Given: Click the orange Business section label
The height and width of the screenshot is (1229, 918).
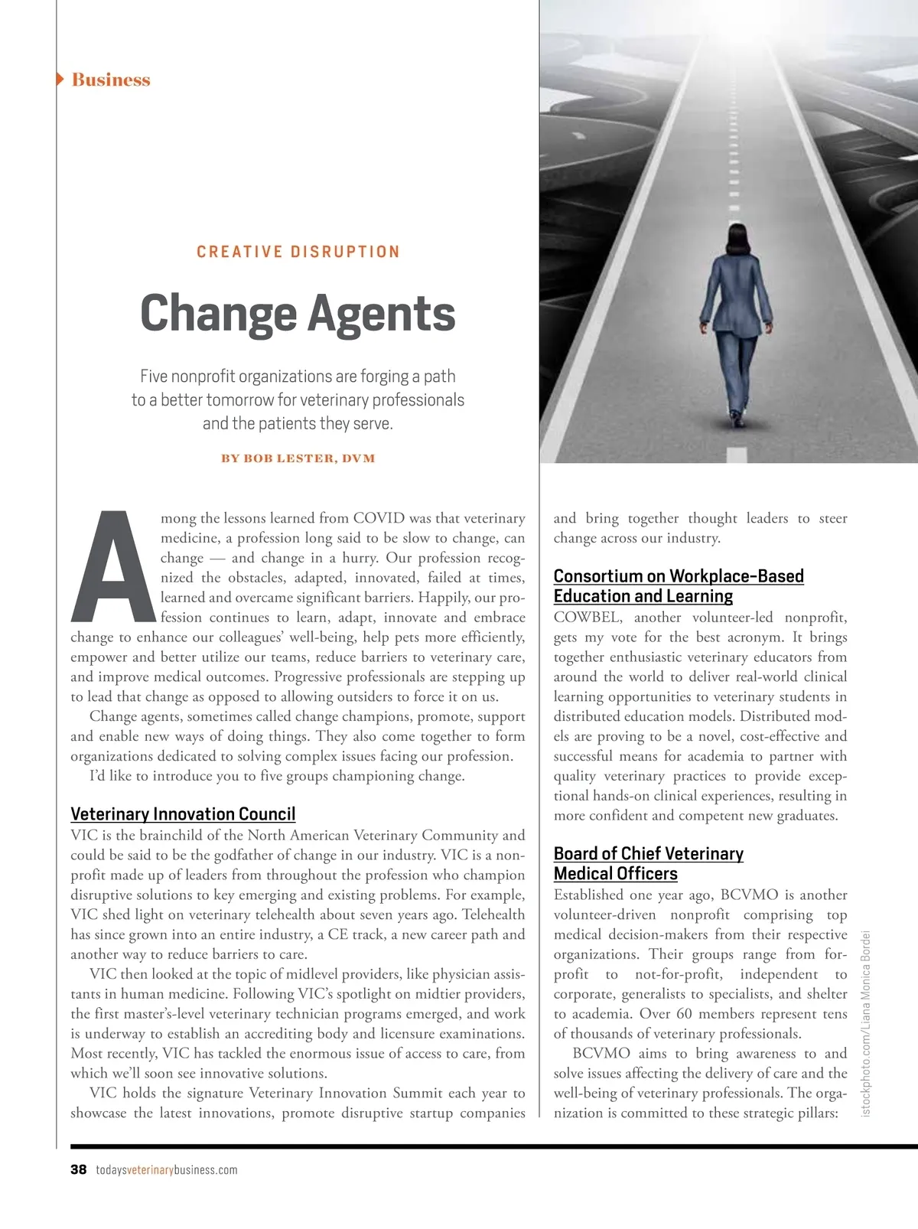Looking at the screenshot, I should [111, 80].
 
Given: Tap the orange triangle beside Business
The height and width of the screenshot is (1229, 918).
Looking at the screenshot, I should [60, 79].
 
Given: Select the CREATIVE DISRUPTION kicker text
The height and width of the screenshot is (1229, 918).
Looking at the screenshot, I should [298, 252].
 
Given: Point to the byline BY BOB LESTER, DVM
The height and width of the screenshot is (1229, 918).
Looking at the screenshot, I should [298, 458].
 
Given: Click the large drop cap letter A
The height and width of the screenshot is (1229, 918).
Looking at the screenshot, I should [112, 566].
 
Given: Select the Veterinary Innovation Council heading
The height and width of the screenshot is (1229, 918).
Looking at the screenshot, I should [183, 813].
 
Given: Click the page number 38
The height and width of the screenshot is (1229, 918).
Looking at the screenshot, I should [78, 1170].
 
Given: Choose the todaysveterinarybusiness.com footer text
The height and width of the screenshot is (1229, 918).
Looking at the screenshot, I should [167, 1170].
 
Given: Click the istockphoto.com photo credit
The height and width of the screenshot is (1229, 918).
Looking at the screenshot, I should [866, 1023].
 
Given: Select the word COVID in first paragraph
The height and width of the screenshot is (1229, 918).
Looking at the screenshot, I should [379, 518].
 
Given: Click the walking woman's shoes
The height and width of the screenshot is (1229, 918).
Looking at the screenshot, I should [737, 419].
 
